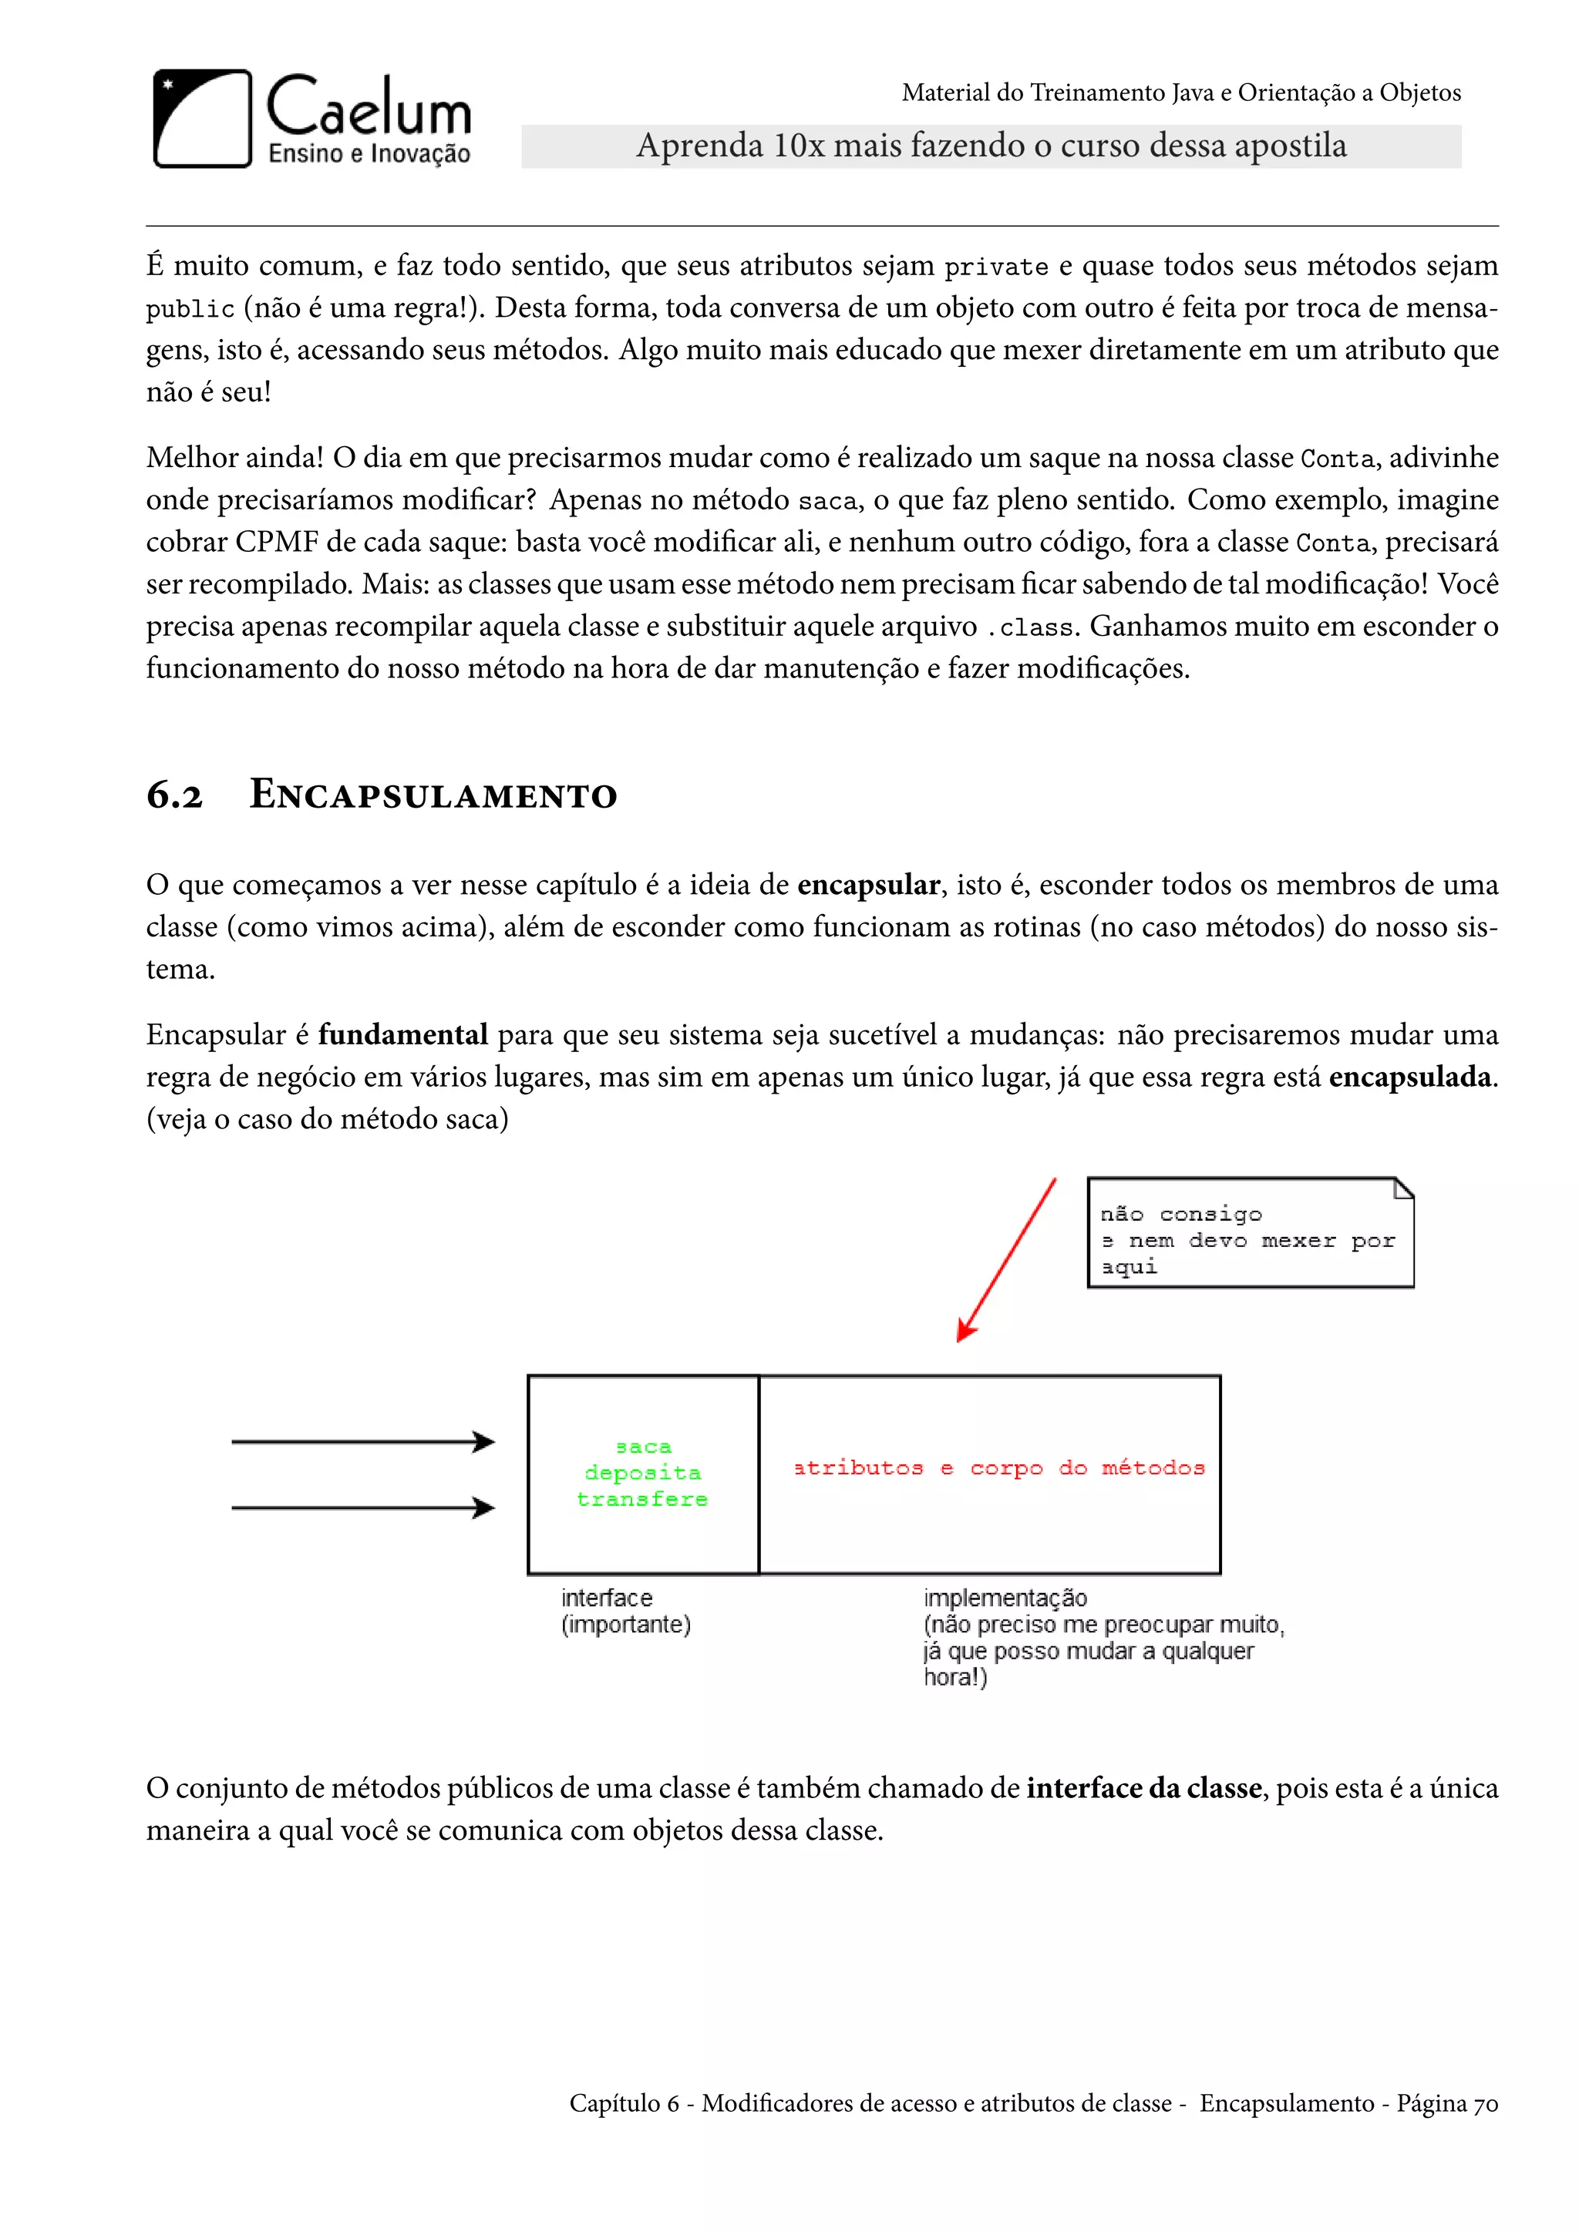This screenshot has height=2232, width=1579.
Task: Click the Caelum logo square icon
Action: coord(202,119)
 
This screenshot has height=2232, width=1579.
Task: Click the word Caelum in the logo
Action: coord(369,107)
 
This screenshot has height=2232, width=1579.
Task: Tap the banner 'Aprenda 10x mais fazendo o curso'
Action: coord(991,146)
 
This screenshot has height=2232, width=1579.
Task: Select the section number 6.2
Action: coord(175,795)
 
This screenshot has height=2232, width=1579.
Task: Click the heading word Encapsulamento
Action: coord(433,795)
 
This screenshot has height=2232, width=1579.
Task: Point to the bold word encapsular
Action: coord(868,885)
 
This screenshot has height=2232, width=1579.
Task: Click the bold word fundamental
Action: coord(402,1034)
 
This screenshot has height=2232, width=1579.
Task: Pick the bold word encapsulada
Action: coord(1410,1077)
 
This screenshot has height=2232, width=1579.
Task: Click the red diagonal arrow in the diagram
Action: coord(1007,1260)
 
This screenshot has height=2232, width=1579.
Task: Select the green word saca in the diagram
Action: coord(644,1447)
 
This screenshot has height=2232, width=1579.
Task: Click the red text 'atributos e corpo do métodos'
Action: coord(998,1468)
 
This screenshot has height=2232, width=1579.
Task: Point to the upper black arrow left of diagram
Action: coord(362,1442)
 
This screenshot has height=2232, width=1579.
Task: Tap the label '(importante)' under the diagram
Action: coord(625,1625)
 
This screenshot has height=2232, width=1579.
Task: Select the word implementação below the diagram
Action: coord(1005,1598)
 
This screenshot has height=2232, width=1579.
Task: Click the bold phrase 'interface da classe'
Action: coord(1143,1789)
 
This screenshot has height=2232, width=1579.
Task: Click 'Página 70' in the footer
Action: coord(1446,2104)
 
